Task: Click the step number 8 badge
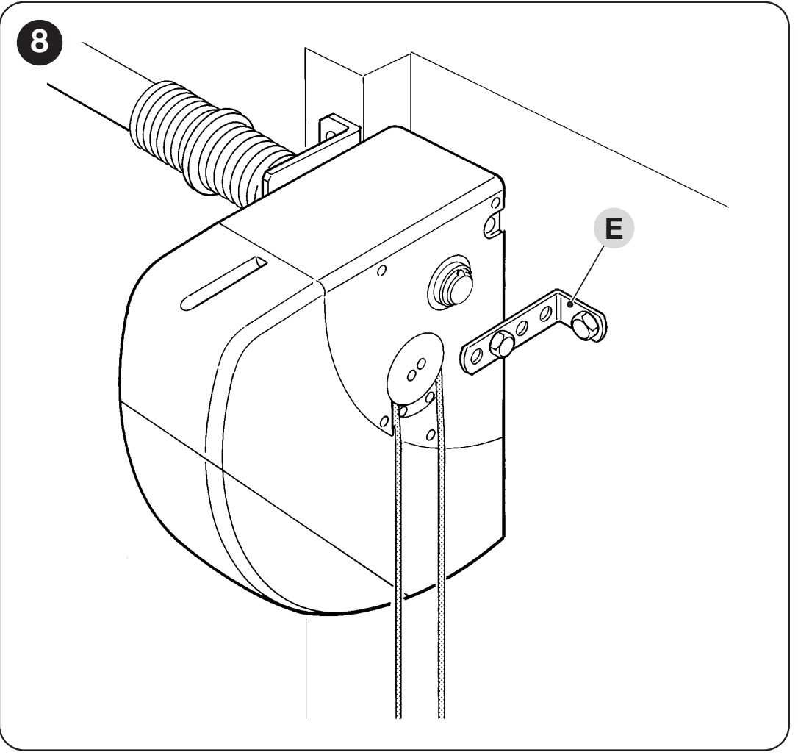coord(39,42)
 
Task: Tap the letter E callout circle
coord(614,228)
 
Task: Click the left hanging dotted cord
coord(398,560)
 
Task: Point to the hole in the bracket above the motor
coord(330,135)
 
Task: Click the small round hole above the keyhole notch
coord(495,203)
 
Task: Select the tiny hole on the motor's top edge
coord(381,270)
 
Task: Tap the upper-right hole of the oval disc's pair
coord(421,365)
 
